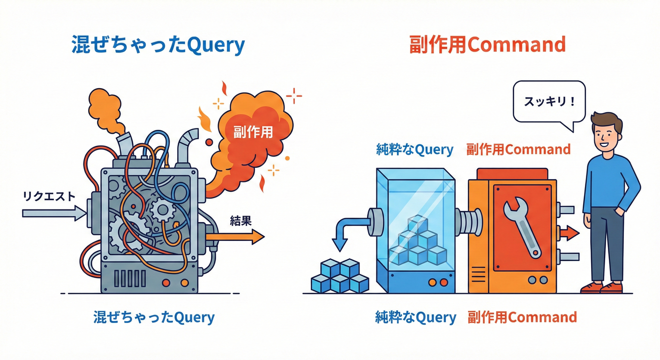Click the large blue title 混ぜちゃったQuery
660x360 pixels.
158,45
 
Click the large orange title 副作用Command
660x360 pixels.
487,45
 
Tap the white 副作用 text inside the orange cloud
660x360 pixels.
253,132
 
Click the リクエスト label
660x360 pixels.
49,196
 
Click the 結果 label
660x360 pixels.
240,221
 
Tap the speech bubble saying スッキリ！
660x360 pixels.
549,102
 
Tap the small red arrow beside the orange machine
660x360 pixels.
570,232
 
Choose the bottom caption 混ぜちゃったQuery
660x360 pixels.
154,317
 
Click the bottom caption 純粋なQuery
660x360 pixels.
415,317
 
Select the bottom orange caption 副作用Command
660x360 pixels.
522,317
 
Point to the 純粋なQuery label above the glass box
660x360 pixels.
414,150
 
